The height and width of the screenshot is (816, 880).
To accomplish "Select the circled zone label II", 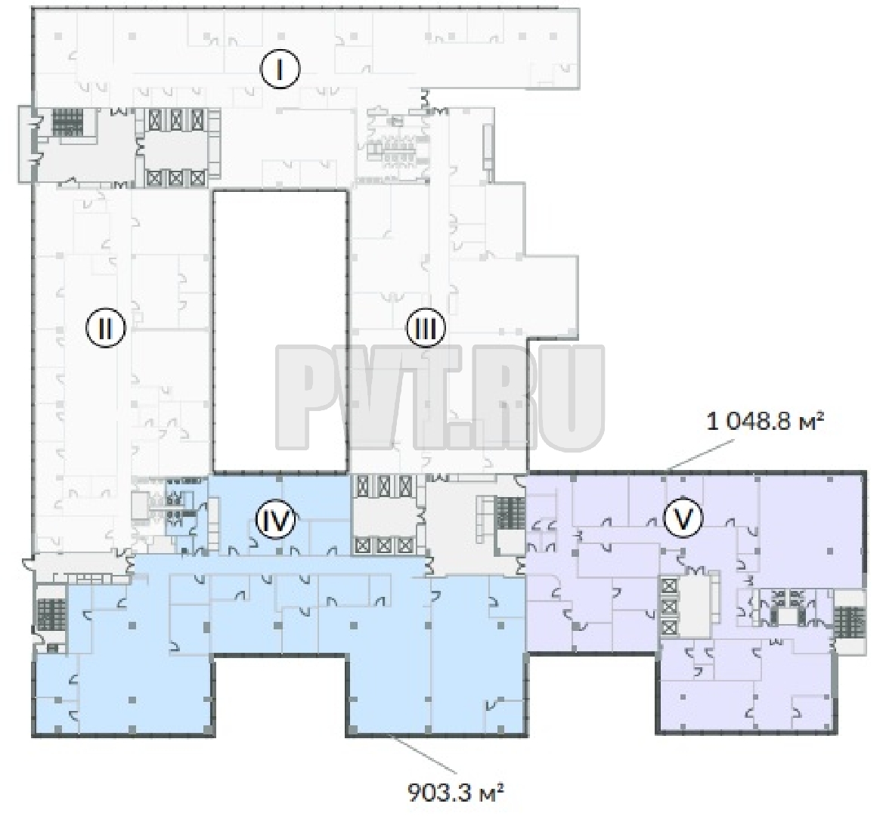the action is tap(106, 328).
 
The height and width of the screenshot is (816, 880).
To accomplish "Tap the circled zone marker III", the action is tap(426, 328).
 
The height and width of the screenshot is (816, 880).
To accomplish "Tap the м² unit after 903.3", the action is tap(490, 793).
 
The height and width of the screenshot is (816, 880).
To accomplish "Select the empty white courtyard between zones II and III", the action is tap(280, 331).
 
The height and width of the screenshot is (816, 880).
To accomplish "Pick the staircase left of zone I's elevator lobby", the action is tap(67, 122).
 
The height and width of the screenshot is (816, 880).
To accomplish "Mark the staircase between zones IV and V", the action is tap(510, 513).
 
